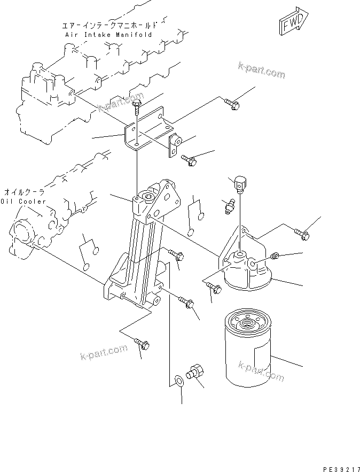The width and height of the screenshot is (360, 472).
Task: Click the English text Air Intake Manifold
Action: point(108,35)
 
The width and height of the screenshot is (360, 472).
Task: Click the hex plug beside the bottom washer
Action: point(196,373)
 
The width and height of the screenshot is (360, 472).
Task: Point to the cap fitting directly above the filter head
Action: point(239,184)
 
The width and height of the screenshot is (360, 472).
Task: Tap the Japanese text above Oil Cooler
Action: point(24,191)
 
